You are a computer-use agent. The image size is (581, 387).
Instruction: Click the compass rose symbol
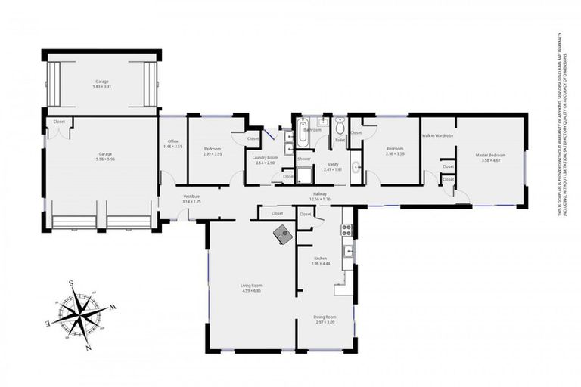pyautogui.click(x=81, y=312)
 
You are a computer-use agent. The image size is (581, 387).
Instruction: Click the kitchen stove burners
pyautogui.click(x=346, y=226)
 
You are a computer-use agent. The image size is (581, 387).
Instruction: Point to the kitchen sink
pyautogui.click(x=348, y=251)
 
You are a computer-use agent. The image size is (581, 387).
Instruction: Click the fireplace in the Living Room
pyautogui.click(x=284, y=234)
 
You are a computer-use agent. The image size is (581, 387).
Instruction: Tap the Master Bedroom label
pyautogui.click(x=490, y=155)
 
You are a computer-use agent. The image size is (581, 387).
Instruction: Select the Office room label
pyautogui.click(x=173, y=141)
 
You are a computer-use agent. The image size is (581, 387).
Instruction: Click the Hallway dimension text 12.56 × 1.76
pyautogui.click(x=320, y=200)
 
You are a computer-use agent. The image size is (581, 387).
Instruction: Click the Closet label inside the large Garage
pyautogui.click(x=59, y=122)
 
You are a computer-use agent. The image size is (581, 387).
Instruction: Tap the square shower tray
pyautogui.click(x=303, y=176)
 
